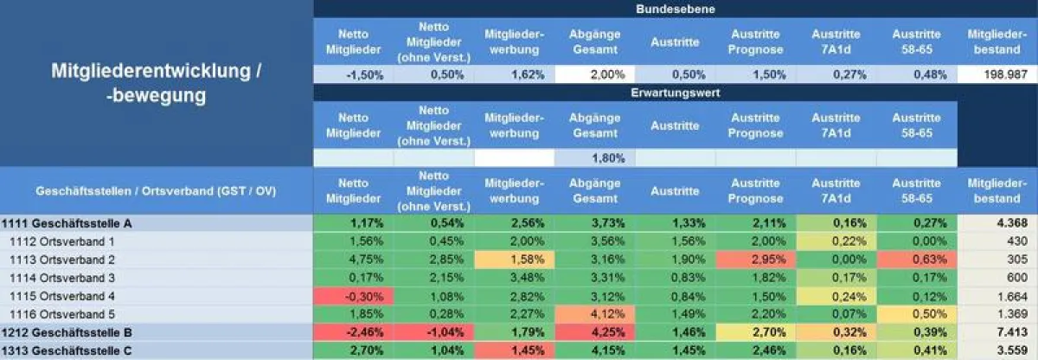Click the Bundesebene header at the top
click(675, 9)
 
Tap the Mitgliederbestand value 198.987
click(997, 74)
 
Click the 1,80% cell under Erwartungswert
click(594, 158)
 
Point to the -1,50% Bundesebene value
click(353, 74)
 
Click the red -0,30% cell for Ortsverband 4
click(353, 296)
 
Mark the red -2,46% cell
click(353, 332)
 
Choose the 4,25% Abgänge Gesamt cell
click(594, 332)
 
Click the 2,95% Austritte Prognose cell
click(755, 260)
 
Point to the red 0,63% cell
click(916, 260)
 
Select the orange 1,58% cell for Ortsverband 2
click(514, 260)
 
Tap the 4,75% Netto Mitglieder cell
click(353, 260)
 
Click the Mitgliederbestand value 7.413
click(997, 332)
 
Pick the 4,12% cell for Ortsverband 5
click(594, 314)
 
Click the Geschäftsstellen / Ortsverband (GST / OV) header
click(156, 190)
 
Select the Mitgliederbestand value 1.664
click(997, 296)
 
